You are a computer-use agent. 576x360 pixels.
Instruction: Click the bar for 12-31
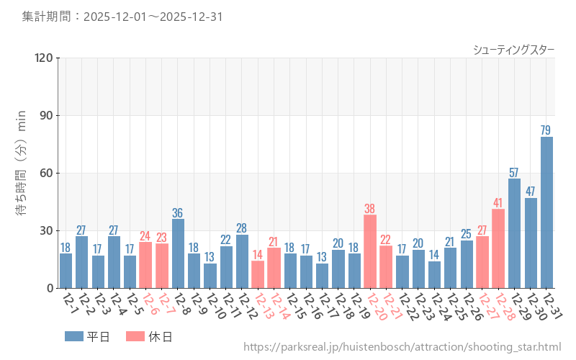pos(546,212)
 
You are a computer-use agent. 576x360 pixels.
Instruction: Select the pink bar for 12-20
pos(370,251)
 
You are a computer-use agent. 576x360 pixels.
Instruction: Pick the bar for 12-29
pos(514,233)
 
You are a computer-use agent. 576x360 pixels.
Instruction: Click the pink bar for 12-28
pos(498,248)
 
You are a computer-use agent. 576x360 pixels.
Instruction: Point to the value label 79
pos(546,130)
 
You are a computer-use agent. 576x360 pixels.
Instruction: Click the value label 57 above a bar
pos(514,173)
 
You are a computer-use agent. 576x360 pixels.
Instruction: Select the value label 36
pos(178,213)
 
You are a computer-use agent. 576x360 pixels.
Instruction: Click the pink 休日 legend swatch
pos(135,336)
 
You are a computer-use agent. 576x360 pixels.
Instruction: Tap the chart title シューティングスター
pos(513,50)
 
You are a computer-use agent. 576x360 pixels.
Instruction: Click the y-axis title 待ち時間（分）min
pos(22,173)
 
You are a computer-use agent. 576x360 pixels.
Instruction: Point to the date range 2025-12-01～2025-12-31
pos(153,16)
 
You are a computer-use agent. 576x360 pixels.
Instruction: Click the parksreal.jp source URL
pos(402,347)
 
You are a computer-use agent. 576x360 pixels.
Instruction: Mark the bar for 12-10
pos(210,276)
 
